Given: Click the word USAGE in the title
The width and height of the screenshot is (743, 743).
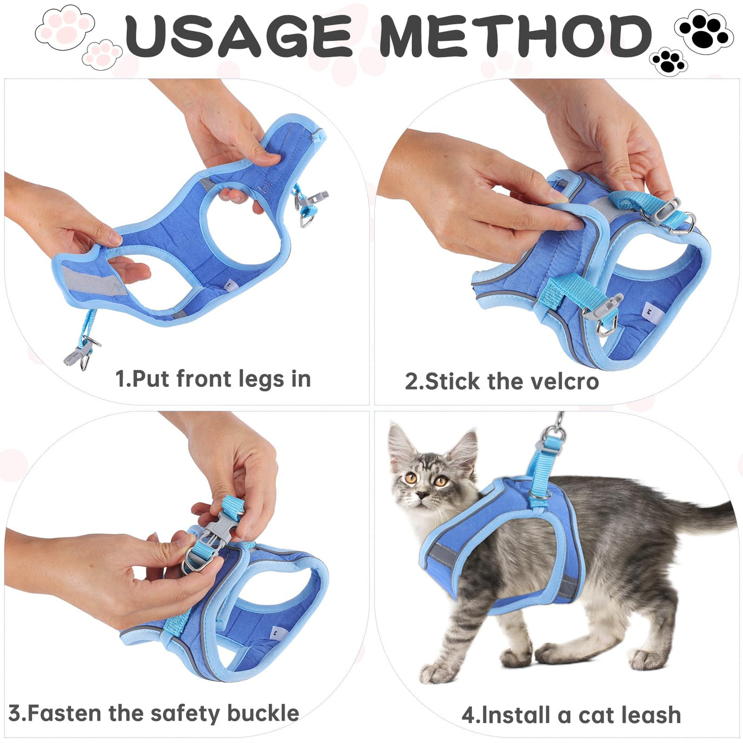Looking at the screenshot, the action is (239, 36).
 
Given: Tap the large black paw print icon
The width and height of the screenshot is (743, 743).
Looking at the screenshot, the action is (703, 32).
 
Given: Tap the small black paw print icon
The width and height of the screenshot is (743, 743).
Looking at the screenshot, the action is (668, 62).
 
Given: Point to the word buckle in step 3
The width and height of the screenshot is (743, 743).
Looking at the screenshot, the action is (263, 703).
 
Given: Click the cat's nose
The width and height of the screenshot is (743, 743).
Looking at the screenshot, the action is (422, 496).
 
